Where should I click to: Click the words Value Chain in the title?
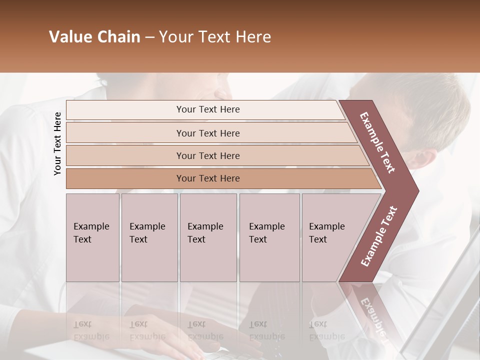pyautogui.click(x=94, y=37)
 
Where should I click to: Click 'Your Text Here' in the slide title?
pyautogui.click(x=215, y=37)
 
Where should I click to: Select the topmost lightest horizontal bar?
pyautogui.click(x=207, y=109)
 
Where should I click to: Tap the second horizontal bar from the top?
pyautogui.click(x=207, y=133)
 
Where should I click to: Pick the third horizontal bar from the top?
pyautogui.click(x=207, y=155)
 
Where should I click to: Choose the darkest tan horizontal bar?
pyautogui.click(x=207, y=178)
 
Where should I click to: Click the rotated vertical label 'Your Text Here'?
pyautogui.click(x=58, y=143)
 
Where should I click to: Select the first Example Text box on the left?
pyautogui.click(x=92, y=237)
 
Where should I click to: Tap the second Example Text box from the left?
pyautogui.click(x=149, y=237)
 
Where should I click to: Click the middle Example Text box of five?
pyautogui.click(x=208, y=237)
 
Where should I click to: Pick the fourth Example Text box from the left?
pyautogui.click(x=269, y=237)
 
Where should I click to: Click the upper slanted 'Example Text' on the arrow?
pyautogui.click(x=378, y=142)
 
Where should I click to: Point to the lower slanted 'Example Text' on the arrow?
pyautogui.click(x=379, y=236)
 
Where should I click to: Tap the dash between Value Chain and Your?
pyautogui.click(x=149, y=37)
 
